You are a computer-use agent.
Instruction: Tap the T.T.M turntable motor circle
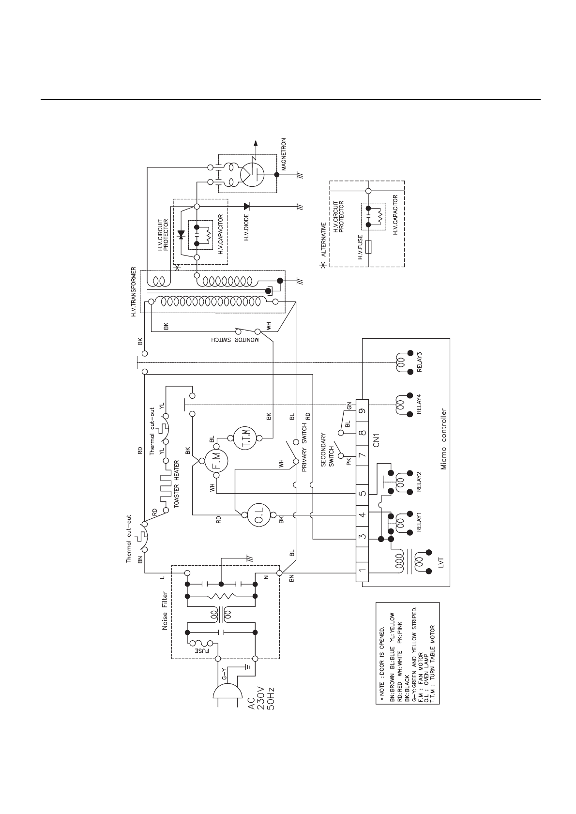point(244,438)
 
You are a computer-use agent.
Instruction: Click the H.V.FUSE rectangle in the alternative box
point(369,247)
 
